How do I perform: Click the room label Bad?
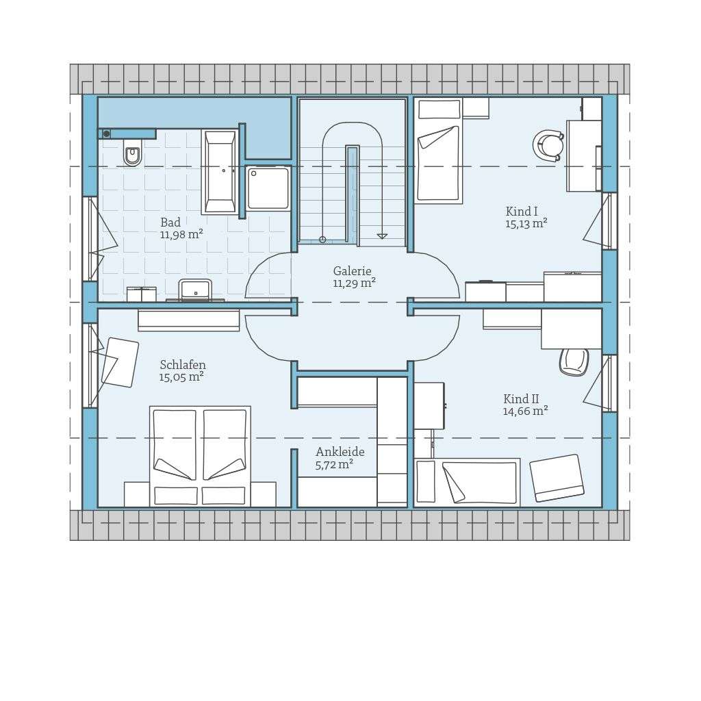tap(170, 222)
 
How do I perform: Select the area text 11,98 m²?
tap(181, 235)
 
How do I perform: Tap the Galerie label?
tap(352, 271)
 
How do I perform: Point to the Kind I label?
tap(522, 212)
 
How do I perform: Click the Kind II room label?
tap(521, 399)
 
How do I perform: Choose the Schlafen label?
tap(183, 365)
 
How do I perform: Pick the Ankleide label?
tap(340, 452)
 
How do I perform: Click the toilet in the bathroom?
tap(132, 153)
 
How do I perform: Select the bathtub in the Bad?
tap(220, 172)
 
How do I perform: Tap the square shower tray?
tap(268, 188)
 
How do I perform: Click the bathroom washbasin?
tap(195, 290)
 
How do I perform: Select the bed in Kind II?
tap(472, 482)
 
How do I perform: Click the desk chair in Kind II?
tap(574, 361)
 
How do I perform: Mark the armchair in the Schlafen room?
tap(120, 362)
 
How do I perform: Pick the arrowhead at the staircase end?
tap(382, 236)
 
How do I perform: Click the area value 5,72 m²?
tap(334, 465)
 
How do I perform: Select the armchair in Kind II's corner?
tap(557, 477)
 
